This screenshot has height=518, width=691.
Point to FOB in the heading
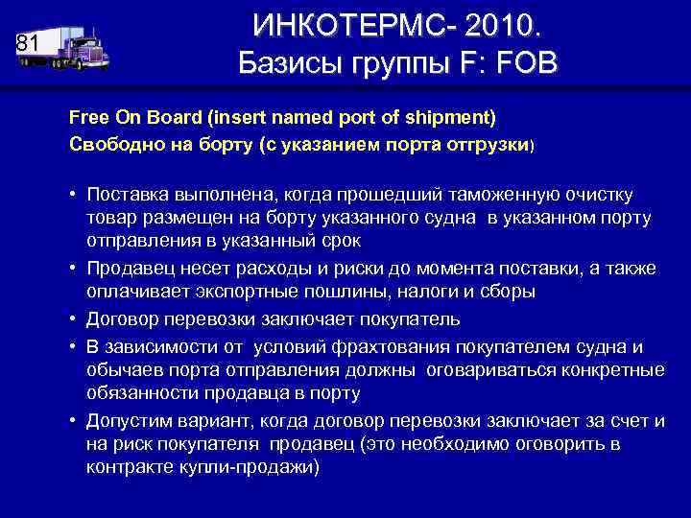pos(522,64)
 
